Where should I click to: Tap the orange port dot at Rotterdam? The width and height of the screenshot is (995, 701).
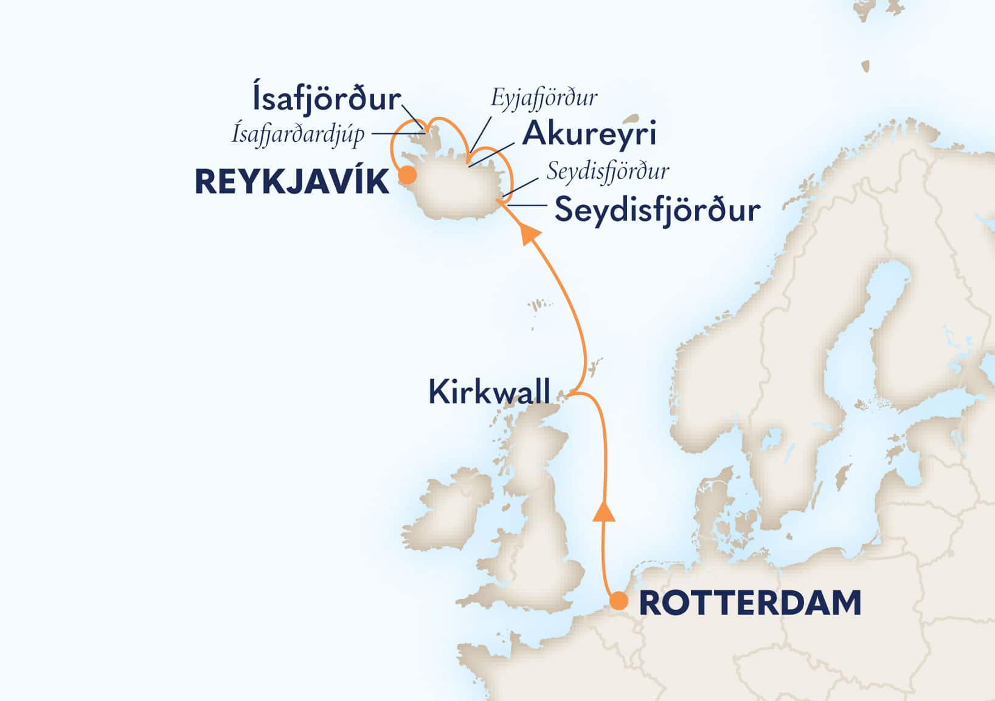(619, 601)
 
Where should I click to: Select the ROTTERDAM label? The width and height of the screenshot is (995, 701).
(751, 603)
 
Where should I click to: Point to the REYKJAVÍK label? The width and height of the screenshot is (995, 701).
(292, 182)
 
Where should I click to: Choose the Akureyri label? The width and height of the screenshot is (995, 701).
(589, 134)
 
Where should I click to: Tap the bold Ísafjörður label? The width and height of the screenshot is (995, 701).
(326, 100)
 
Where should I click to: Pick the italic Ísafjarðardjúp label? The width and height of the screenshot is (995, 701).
(298, 134)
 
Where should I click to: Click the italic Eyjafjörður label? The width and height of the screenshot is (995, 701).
(544, 97)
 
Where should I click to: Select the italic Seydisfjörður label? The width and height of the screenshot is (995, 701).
(608, 172)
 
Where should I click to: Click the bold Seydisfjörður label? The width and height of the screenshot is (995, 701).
(657, 211)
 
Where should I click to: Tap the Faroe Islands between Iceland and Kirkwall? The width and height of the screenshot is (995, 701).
(536, 304)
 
